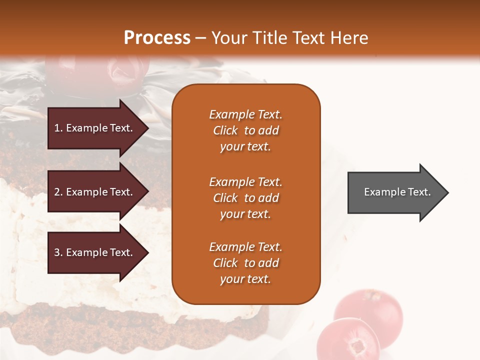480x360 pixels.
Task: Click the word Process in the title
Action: click(157, 38)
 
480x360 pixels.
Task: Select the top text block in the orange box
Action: click(245, 130)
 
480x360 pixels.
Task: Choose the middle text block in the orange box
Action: click(245, 198)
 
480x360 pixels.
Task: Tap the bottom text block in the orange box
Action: click(245, 263)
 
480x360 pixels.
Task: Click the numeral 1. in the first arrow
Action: click(58, 128)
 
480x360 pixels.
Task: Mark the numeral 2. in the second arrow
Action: click(58, 192)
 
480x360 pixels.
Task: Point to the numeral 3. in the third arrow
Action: click(58, 252)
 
